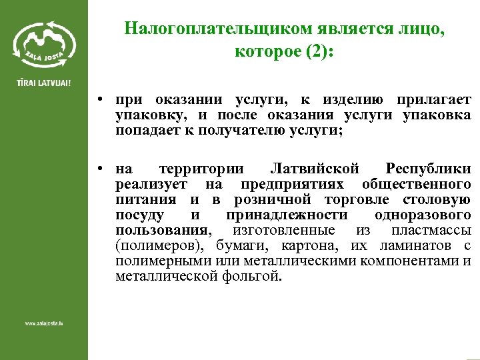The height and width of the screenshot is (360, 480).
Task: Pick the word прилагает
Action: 434,101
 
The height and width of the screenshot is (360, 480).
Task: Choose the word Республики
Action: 428,168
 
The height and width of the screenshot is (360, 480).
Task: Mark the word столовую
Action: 437,199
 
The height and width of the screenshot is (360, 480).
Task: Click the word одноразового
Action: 423,215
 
